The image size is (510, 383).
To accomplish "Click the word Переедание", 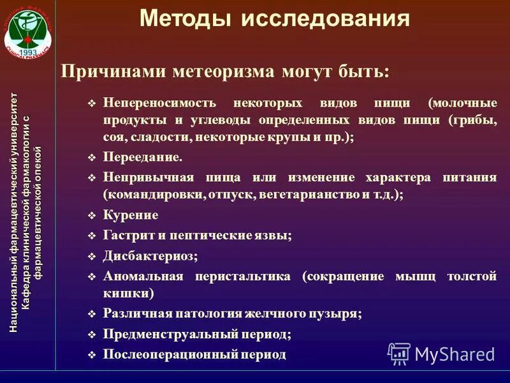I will [142, 157].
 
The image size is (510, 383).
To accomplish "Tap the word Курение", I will [131, 216].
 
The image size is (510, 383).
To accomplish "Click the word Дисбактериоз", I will [149, 256].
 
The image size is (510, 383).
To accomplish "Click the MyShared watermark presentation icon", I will [398, 353].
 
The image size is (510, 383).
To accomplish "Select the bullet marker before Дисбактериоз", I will [91, 257].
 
